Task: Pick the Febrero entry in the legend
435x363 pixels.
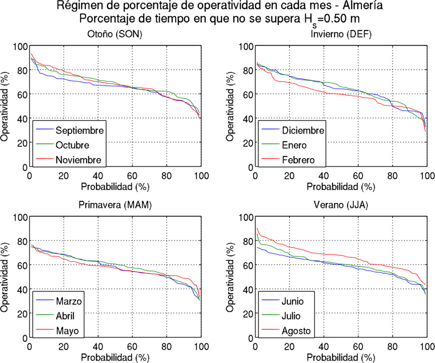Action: pos(298,160)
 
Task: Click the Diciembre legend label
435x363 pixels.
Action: pos(303,131)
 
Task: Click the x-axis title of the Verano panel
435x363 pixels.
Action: pos(341,358)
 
